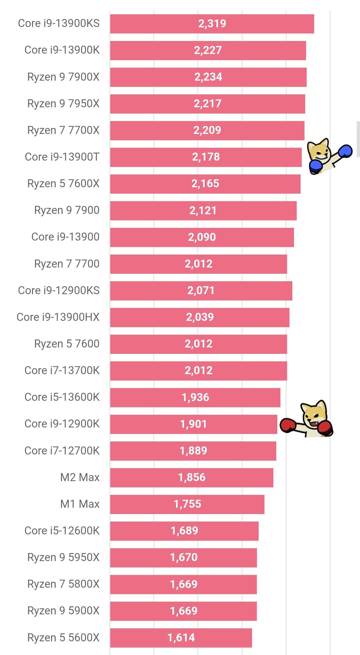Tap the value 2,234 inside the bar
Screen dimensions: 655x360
click(x=208, y=77)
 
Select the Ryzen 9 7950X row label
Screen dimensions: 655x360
click(x=63, y=104)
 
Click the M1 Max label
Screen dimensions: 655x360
click(x=80, y=504)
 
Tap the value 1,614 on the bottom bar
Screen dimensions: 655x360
click(x=181, y=638)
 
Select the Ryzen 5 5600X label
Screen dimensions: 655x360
click(x=63, y=638)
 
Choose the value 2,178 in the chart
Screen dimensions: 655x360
click(x=206, y=157)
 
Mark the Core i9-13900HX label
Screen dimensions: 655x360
click(x=58, y=317)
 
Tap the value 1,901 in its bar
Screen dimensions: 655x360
click(x=193, y=424)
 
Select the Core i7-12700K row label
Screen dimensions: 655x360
click(x=62, y=451)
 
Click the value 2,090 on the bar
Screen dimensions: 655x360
click(x=202, y=237)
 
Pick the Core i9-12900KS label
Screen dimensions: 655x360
click(x=59, y=291)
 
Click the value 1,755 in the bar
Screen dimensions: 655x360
click(x=187, y=504)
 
